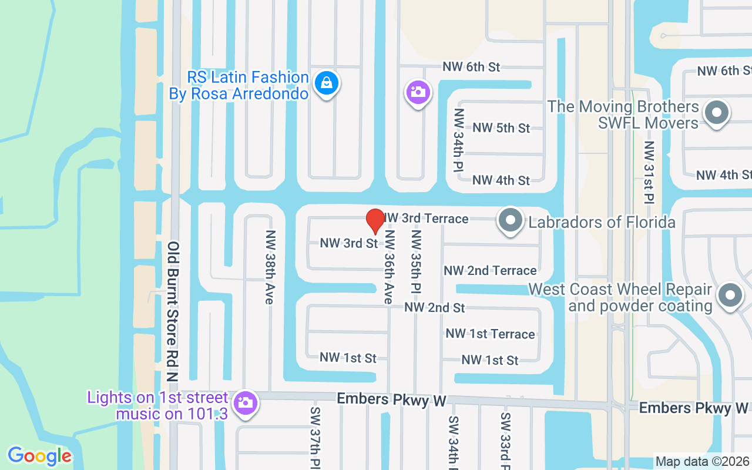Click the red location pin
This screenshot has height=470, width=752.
[375, 221]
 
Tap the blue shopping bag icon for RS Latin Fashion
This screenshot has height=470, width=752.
[326, 83]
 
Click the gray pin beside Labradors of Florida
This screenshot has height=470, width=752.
[510, 221]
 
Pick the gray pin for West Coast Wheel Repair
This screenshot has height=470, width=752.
[730, 296]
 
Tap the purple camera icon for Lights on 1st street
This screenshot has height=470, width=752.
[245, 403]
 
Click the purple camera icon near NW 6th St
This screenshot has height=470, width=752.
[418, 92]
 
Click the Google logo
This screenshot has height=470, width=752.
[39, 456]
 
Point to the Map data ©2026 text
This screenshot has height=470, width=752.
[703, 462]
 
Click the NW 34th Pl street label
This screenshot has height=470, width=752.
[459, 140]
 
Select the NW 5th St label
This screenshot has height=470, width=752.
[501, 127]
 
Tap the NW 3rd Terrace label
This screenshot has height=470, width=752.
[427, 219]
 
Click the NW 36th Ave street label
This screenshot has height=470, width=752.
[388, 266]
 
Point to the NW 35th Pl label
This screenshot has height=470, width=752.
[417, 261]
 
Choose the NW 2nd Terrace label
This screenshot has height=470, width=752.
[490, 270]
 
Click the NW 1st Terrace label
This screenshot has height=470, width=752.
[490, 334]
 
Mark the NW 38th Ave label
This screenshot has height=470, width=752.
[270, 266]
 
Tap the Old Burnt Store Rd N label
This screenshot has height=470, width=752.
[173, 311]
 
